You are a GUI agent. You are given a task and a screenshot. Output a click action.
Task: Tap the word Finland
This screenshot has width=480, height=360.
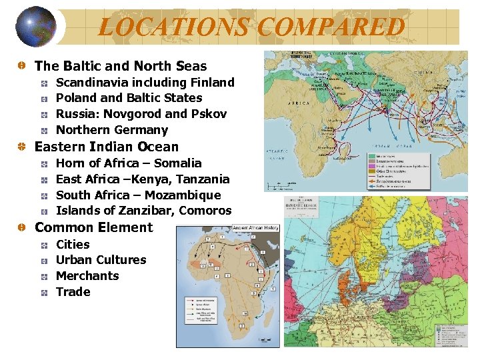coord(211,83)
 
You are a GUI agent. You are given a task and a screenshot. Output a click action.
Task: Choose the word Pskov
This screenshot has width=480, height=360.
coord(209,114)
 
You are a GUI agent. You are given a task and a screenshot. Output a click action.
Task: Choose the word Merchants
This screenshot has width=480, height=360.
coord(87,276)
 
